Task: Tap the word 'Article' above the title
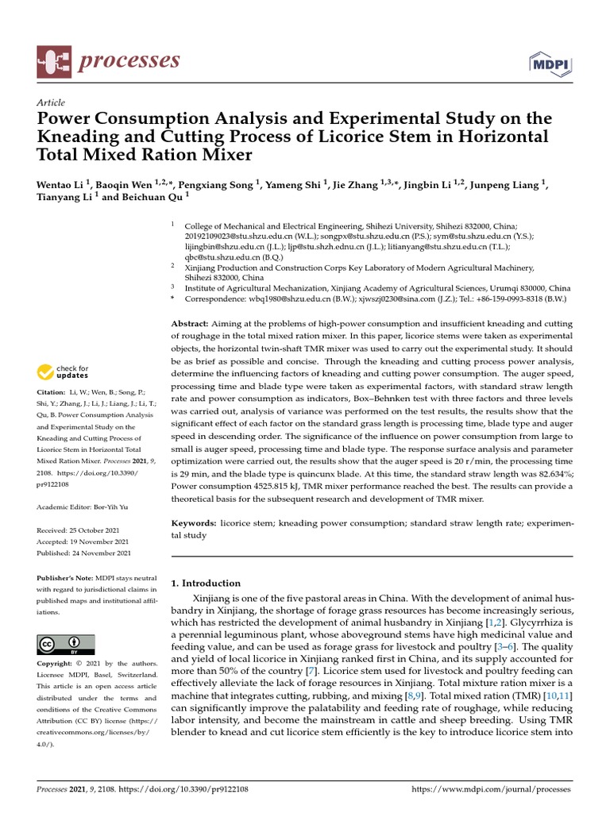pos(51,102)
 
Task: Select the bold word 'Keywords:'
pos(195,524)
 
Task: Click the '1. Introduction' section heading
pos(206,583)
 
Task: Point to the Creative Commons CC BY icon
pos(66,644)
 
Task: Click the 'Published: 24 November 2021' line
pos(83,553)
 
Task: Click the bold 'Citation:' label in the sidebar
pos(51,392)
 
